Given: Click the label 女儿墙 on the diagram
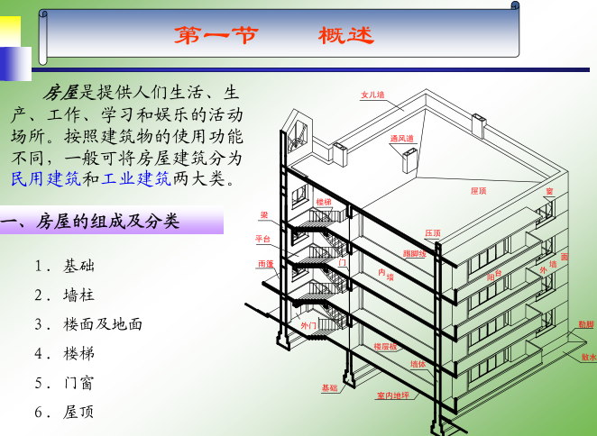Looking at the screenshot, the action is point(372,94).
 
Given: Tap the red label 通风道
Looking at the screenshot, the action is point(401,139).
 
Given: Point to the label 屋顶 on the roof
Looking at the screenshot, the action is point(478,191).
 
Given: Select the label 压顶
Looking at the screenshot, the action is point(433,233).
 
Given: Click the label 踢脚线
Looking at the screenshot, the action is point(414,254).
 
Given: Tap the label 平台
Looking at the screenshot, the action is point(263,239).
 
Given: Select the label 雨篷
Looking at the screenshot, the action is point(265,264).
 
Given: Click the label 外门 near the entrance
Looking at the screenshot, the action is point(308,324).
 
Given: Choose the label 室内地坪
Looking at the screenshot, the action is point(393,395).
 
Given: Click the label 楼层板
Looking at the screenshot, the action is point(385,346).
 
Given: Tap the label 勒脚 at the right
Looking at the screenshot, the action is point(586,323).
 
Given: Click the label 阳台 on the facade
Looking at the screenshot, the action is point(493,273).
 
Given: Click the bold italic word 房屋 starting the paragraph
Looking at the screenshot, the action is point(61,93).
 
